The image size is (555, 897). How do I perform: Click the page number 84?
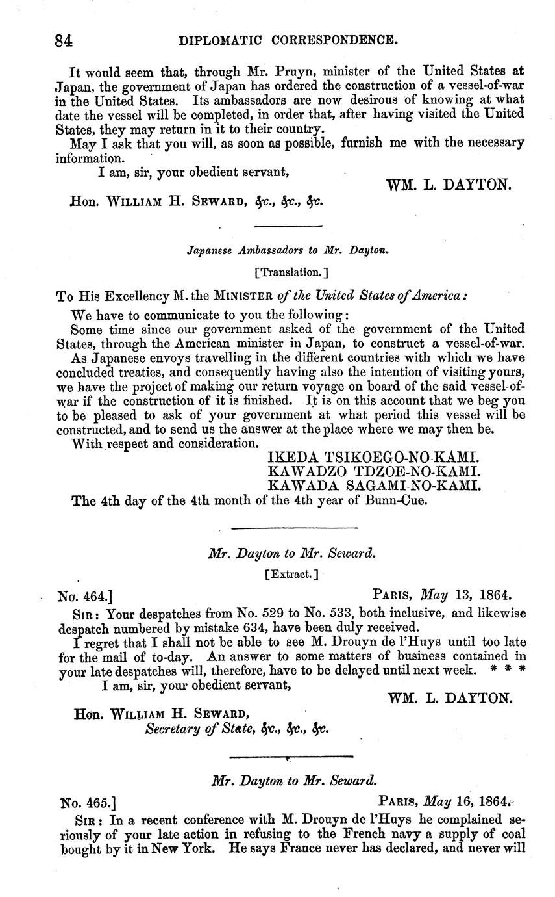64,40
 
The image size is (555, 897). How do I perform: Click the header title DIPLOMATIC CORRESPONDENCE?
288,40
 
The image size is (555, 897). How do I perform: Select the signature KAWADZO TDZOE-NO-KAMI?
373,471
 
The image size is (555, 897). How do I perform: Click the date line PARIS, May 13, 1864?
442,594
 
